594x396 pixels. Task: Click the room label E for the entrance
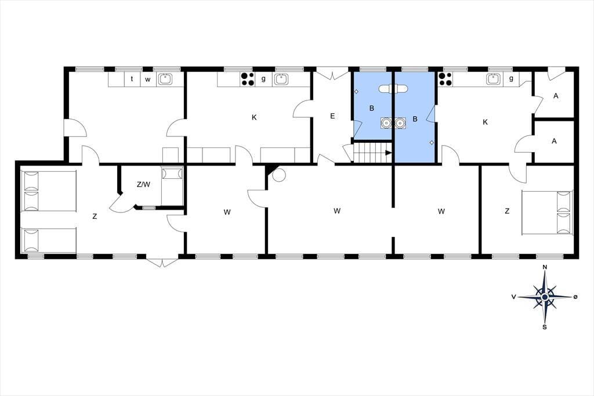pyautogui.click(x=332, y=116)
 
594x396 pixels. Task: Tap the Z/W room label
pyautogui.click(x=143, y=185)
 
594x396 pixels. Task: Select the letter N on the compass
pyautogui.click(x=545, y=267)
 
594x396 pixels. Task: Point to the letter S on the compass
pyautogui.click(x=544, y=327)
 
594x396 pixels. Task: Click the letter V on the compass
pyautogui.click(x=514, y=297)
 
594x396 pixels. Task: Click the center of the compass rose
pyautogui.click(x=544, y=297)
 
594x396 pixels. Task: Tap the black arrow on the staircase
pyautogui.click(x=388, y=153)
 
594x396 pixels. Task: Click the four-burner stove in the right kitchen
pyautogui.click(x=445, y=79)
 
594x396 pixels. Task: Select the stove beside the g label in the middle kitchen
pyautogui.click(x=247, y=79)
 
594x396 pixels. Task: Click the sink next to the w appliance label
pyautogui.click(x=165, y=79)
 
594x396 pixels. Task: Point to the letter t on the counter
pyautogui.click(x=132, y=79)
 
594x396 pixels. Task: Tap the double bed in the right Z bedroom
pyautogui.click(x=548, y=213)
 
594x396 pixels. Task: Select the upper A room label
pyautogui.click(x=556, y=96)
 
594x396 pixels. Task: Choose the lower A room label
pyautogui.click(x=554, y=141)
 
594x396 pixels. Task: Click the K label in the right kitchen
pyautogui.click(x=485, y=122)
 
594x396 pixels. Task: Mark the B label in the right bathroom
pyautogui.click(x=415, y=119)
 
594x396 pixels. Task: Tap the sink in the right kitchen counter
pyautogui.click(x=493, y=79)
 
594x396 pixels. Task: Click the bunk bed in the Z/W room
pyautogui.click(x=172, y=186)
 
